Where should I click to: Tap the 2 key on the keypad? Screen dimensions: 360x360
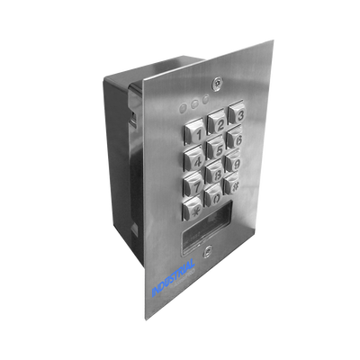coord(217,122)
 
